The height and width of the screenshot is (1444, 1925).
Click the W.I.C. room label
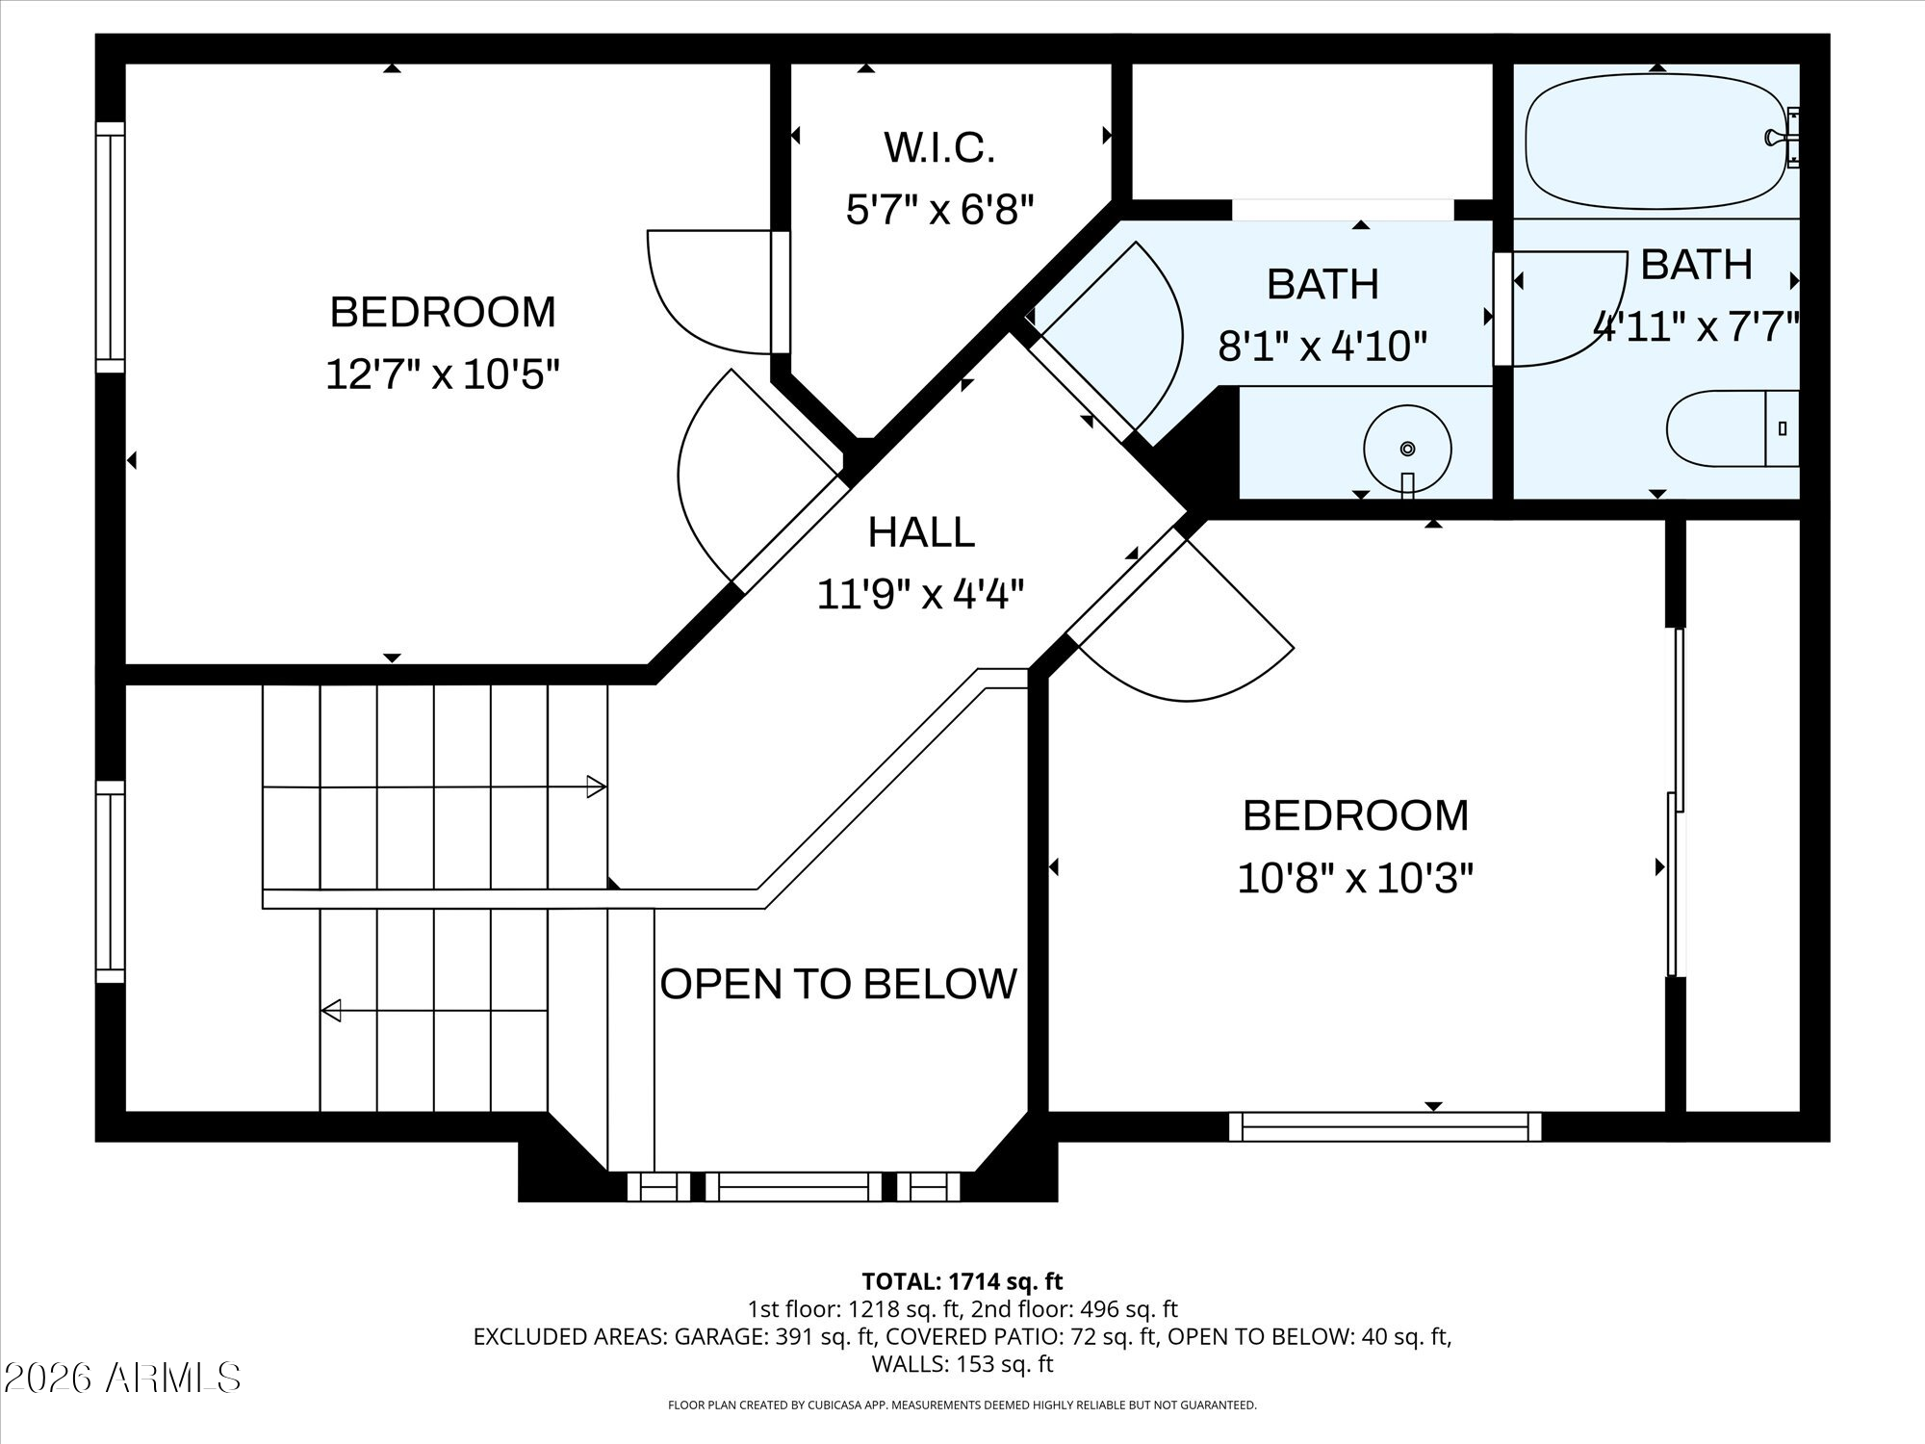(x=938, y=148)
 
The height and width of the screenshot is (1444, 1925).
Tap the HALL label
(x=921, y=532)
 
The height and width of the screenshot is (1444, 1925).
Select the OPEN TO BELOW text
(x=838, y=984)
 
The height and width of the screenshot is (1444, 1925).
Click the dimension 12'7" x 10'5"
(x=443, y=374)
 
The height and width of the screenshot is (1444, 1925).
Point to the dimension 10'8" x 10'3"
(x=1355, y=878)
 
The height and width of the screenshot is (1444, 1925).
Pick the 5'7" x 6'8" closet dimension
(x=939, y=209)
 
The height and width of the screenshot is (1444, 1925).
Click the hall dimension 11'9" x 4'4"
(x=920, y=594)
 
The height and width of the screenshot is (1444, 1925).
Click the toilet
(x=1732, y=428)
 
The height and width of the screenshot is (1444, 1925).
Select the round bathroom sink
(x=1407, y=449)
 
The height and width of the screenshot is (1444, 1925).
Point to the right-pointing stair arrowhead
(x=596, y=786)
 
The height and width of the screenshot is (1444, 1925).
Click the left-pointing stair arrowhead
(x=331, y=1010)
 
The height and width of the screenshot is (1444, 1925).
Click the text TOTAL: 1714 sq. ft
(x=962, y=1281)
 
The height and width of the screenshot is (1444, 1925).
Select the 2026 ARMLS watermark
(x=121, y=1378)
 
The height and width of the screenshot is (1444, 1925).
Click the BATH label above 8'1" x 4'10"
(x=1322, y=284)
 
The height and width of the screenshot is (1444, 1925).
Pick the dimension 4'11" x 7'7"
(x=1696, y=327)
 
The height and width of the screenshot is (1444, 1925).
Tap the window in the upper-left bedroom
(x=111, y=247)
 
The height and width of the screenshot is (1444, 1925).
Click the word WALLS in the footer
(x=904, y=1364)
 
